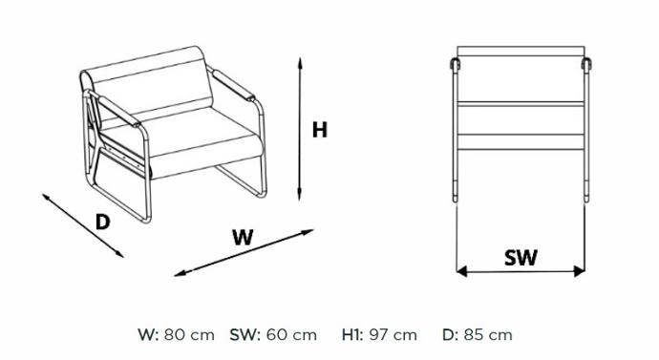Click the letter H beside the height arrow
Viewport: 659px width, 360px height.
tap(319, 130)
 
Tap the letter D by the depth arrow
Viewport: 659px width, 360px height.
tap(102, 222)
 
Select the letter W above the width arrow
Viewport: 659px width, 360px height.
tap(243, 238)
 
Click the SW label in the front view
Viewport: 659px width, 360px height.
tap(521, 258)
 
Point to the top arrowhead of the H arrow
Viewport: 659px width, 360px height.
tap(300, 63)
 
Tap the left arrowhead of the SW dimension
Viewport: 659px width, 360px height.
tap(461, 271)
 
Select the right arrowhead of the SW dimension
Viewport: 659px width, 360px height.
tap(579, 271)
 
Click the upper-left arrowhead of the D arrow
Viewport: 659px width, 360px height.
tap(47, 197)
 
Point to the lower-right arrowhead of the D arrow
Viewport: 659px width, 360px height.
tap(119, 253)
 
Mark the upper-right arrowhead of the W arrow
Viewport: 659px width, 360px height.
tap(308, 232)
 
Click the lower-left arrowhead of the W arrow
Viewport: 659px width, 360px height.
tap(180, 273)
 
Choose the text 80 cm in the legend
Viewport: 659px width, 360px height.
tap(189, 335)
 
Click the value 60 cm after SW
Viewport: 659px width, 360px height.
tap(291, 335)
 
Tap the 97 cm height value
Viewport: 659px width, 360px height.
tap(393, 335)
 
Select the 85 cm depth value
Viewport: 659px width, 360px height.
tap(488, 335)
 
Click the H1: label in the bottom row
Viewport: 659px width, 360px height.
tap(352, 335)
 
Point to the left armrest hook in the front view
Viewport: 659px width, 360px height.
tap(455, 64)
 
